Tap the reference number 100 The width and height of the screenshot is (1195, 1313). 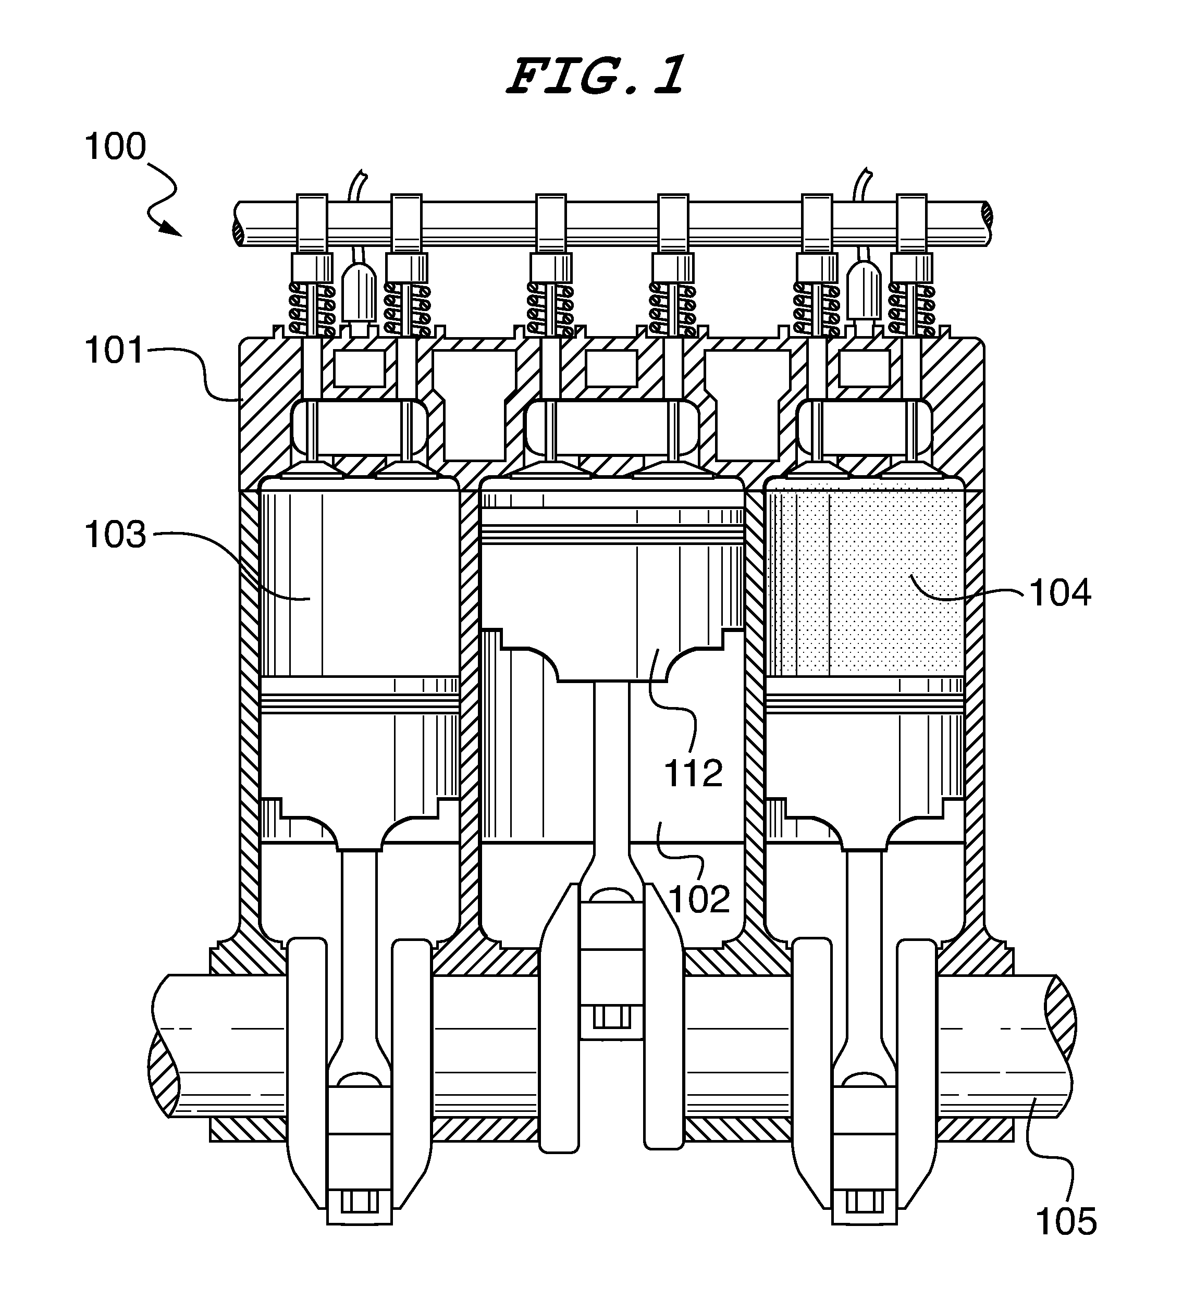click(x=115, y=146)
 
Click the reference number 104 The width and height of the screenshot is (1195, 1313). click(x=1060, y=593)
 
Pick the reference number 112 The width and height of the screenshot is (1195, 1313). click(x=693, y=774)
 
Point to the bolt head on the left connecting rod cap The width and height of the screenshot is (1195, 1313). click(x=359, y=1201)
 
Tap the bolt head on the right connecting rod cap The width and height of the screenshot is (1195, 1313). click(x=865, y=1201)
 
